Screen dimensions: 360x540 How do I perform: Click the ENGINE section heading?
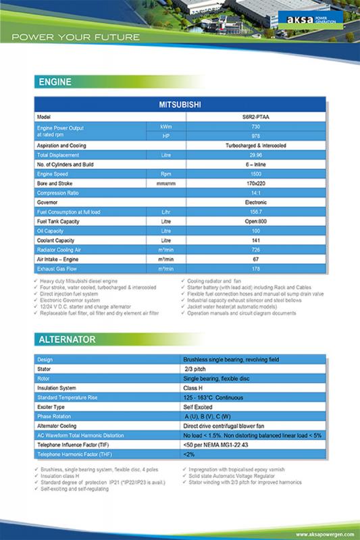54,82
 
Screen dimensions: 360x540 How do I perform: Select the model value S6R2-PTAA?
255,117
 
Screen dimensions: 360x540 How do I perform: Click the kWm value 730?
255,127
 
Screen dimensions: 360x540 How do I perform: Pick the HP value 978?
255,136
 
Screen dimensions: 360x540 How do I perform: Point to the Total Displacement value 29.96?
255,155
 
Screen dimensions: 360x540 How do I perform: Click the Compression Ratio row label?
61,193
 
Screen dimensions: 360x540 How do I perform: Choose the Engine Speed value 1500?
255,174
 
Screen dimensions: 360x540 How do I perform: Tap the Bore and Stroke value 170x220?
255,184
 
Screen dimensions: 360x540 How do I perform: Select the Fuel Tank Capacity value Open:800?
255,221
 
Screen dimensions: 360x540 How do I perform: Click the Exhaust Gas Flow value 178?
255,269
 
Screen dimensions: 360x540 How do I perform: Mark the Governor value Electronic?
255,202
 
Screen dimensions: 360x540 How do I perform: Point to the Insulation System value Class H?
196,388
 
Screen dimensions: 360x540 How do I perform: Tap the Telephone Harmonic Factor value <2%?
190,455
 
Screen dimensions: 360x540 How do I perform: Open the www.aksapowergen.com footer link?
324,534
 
